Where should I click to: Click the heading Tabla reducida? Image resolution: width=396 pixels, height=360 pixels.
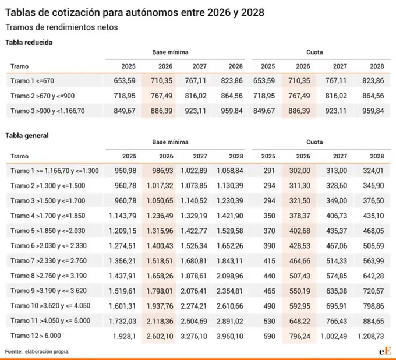[29, 42]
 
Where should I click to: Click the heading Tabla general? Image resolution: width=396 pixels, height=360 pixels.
[27, 135]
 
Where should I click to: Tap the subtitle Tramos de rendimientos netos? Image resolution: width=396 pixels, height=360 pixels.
[61, 27]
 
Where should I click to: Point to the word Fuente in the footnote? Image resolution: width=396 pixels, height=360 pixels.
[13, 351]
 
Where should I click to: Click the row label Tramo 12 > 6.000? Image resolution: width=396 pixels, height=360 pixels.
[36, 335]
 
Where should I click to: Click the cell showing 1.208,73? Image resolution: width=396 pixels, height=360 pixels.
[370, 336]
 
